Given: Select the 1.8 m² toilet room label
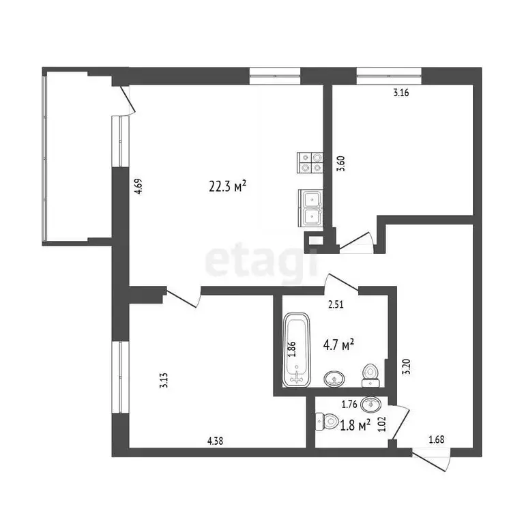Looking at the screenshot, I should pyautogui.click(x=355, y=424).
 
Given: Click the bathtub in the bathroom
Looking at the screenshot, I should pyautogui.click(x=296, y=349).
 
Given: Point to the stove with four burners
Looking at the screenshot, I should pyautogui.click(x=310, y=161).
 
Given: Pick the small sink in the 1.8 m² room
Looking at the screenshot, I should pyautogui.click(x=370, y=403).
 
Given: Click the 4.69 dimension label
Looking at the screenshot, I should pyautogui.click(x=139, y=186).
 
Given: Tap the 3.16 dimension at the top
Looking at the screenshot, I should pyautogui.click(x=401, y=94).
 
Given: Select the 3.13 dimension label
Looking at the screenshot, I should pyautogui.click(x=163, y=380).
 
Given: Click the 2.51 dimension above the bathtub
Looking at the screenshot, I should pyautogui.click(x=335, y=305).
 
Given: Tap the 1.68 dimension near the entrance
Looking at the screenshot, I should pyautogui.click(x=437, y=440).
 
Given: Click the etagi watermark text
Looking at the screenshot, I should pyautogui.click(x=263, y=259).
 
